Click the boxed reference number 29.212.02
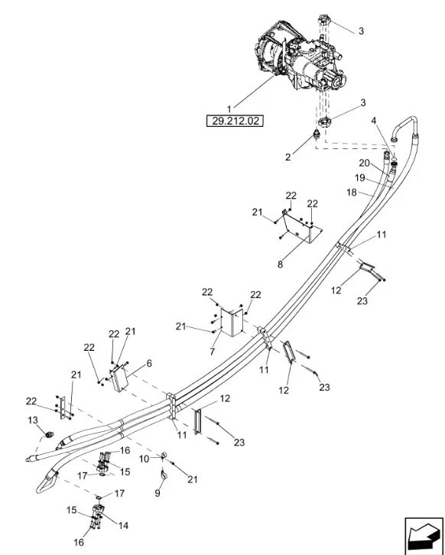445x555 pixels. pyautogui.click(x=235, y=121)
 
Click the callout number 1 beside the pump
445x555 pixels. pyautogui.click(x=229, y=109)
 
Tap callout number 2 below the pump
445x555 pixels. pyautogui.click(x=287, y=157)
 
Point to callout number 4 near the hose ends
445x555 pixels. pyautogui.click(x=373, y=121)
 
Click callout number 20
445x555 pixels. pyautogui.click(x=364, y=163)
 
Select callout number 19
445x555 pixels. pyautogui.click(x=359, y=177)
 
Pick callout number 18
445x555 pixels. pyautogui.click(x=352, y=192)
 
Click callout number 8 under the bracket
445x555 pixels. pyautogui.click(x=280, y=264)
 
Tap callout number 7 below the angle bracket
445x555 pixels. pyautogui.click(x=212, y=352)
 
